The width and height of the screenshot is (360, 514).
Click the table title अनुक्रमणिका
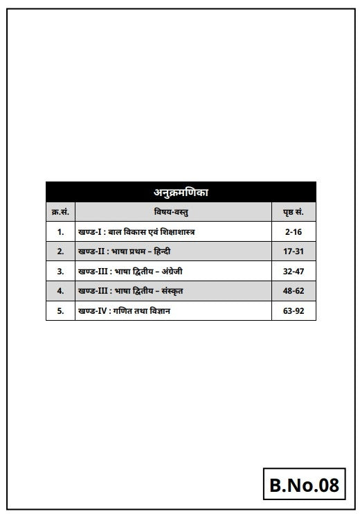point(180,192)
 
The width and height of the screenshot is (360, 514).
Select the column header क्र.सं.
point(60,211)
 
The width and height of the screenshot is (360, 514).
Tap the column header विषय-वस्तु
point(173,211)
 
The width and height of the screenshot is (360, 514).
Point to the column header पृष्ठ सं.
point(294,211)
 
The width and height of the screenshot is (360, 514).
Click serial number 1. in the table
point(60,231)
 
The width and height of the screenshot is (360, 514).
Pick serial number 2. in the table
point(60,251)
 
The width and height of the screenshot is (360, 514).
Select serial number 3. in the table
point(60,271)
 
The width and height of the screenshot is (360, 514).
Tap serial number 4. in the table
point(60,291)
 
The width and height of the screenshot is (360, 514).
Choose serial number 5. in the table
point(60,311)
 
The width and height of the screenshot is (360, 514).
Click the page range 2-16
point(294,231)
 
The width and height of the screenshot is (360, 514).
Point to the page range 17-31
point(294,251)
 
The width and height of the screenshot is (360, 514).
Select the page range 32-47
point(294,271)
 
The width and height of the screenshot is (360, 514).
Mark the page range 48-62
point(294,291)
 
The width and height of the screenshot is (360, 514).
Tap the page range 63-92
point(294,311)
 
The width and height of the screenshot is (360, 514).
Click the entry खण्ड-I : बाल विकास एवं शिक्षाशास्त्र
point(136,231)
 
